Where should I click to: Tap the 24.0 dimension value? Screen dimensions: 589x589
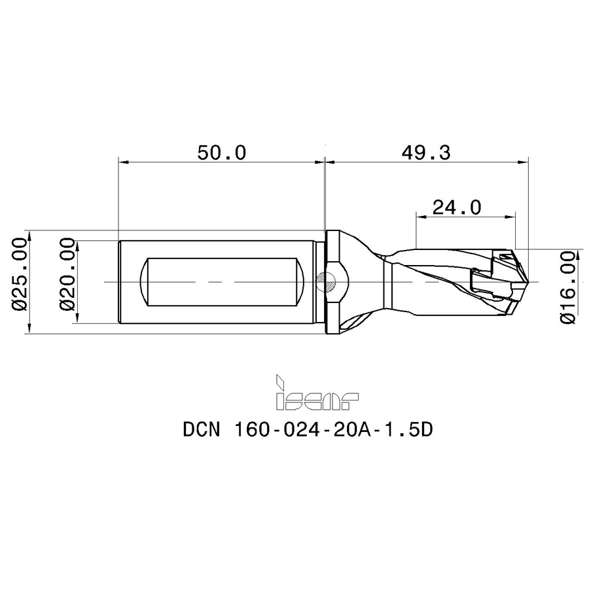(x=457, y=207)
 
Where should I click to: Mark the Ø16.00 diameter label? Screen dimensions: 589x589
(x=567, y=288)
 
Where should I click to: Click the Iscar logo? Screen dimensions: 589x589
(x=317, y=392)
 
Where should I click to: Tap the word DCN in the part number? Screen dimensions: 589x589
(x=202, y=429)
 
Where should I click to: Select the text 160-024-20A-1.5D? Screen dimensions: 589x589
(x=334, y=429)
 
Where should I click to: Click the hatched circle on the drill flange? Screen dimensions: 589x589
(x=326, y=282)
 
